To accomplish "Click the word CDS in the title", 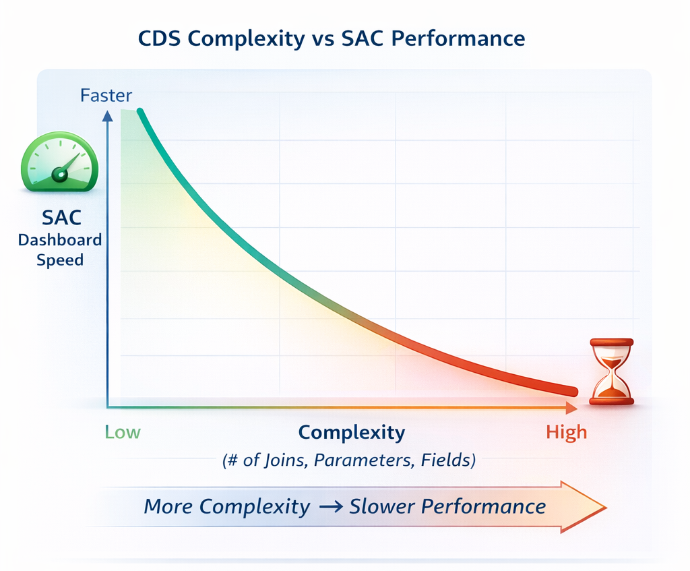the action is click(159, 38).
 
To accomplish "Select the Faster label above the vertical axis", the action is click(106, 96).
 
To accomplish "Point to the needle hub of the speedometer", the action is click(59, 175).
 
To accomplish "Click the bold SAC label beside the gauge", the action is click(61, 218).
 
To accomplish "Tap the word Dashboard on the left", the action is click(60, 240).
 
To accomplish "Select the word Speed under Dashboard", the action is click(60, 260).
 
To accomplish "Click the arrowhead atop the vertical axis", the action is click(107, 116).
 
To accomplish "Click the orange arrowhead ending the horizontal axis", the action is click(571, 408).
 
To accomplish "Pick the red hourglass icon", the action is click(612, 371).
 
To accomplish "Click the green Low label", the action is click(123, 432).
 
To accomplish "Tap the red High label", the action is click(567, 432).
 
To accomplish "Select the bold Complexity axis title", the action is click(352, 433).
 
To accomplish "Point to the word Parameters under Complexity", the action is click(364, 460).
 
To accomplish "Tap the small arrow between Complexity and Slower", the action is click(331, 507).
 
